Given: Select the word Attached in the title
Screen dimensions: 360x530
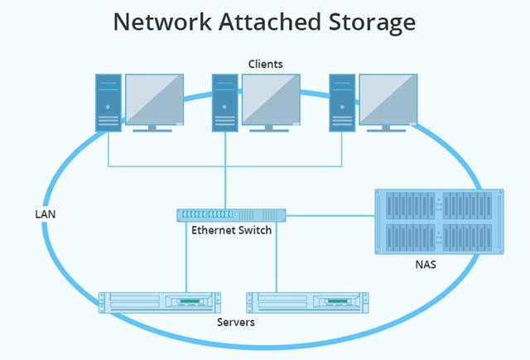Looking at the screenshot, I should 267,22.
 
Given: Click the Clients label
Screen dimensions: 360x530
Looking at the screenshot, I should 265,64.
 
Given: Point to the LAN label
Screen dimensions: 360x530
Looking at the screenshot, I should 45,214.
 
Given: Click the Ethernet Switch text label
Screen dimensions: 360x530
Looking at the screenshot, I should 231,230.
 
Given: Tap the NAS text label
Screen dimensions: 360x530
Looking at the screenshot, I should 426,266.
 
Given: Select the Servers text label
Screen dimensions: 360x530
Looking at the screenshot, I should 235,321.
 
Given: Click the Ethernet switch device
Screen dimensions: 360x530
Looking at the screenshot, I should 231,214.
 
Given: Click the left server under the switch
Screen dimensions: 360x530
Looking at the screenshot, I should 159,303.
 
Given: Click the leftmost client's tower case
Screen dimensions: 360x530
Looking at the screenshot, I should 108,102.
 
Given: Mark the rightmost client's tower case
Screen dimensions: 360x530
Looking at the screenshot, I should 342,102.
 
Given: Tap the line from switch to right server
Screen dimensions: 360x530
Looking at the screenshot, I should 276,257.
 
